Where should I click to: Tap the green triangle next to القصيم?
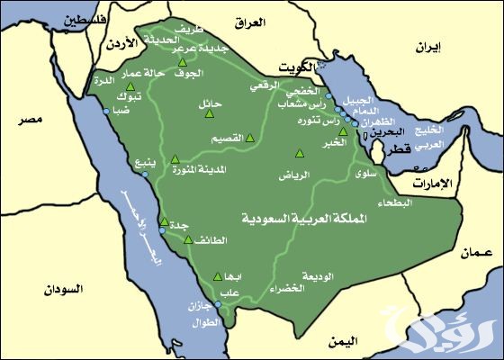coord(250,138)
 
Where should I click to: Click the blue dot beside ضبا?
coord(107,111)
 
